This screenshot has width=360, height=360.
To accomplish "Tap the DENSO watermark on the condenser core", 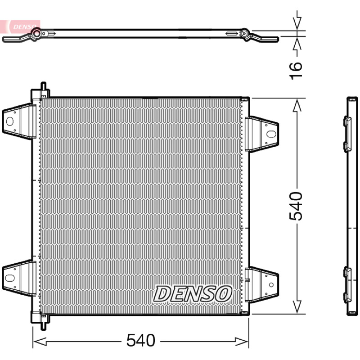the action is click(193, 294).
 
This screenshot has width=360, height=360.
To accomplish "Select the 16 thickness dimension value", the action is click(296, 71).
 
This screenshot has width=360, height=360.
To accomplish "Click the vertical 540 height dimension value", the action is click(296, 206).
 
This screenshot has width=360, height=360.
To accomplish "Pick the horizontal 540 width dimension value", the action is click(141, 340).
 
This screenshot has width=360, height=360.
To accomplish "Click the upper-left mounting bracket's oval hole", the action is click(10, 121).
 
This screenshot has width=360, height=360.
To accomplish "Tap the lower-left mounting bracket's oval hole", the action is click(10, 278).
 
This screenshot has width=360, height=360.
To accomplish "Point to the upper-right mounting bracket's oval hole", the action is click(271, 134).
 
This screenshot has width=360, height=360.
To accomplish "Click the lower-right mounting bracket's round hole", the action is click(271, 285).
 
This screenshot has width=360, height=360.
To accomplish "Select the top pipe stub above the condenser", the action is click(43, 87).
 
